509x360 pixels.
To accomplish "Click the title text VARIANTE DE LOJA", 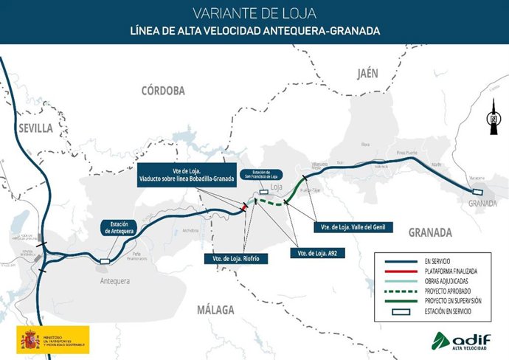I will click(x=254, y=13).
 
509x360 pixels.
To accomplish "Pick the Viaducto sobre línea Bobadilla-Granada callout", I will click(x=186, y=173).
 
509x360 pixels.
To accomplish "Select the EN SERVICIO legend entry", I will click(x=429, y=260).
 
